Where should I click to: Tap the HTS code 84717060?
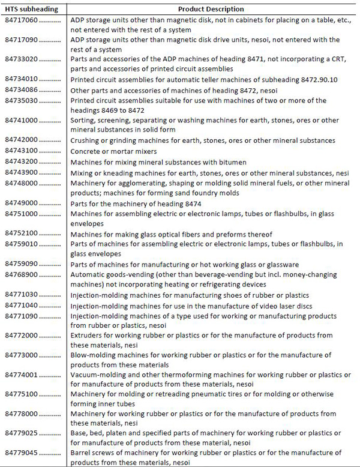pos(20,21)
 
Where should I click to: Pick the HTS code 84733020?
pos(20,59)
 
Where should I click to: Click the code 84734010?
pos(20,79)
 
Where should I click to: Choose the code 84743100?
pos(20,151)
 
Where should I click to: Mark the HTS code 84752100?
pos(20,233)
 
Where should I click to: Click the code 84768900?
pos(20,275)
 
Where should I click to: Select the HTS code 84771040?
pos(20,305)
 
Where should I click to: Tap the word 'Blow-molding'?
pos(94,355)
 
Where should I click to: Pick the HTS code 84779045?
pos(20,453)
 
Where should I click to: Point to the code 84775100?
pos(20,394)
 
